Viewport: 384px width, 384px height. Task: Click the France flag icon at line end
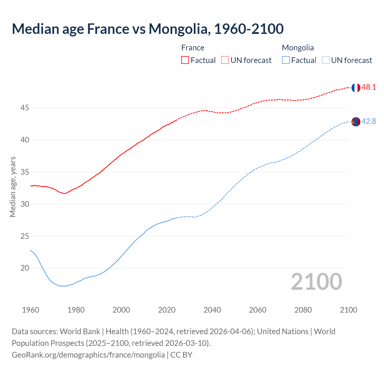355,88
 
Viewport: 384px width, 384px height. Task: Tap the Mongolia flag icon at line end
355,122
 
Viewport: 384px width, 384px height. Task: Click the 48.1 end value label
369,87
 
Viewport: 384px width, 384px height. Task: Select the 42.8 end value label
369,121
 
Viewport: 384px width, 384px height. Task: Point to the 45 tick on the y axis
25,108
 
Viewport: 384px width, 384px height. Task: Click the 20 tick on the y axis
25,268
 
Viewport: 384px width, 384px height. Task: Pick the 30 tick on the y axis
25,204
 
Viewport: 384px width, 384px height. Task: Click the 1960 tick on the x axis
31,310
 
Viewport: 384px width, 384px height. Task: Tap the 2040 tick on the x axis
212,310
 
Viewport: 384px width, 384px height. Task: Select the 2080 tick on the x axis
303,310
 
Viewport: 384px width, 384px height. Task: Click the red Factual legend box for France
185,60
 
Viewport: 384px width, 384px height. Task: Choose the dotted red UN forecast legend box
225,60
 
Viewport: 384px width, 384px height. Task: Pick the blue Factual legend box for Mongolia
286,60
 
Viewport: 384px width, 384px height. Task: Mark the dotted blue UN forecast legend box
326,60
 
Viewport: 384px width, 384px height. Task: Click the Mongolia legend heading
298,48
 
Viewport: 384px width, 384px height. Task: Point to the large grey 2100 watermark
316,282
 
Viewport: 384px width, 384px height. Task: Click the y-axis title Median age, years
13,187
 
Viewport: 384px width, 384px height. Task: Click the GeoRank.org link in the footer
88,355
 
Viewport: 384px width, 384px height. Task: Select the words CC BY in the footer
181,355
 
